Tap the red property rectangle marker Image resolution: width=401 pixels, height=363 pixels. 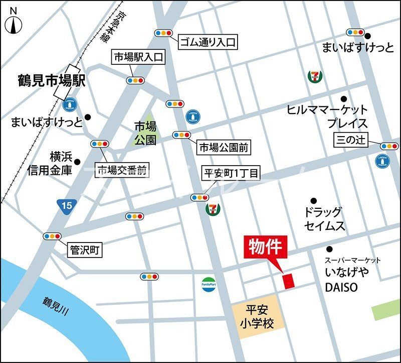point(289,281)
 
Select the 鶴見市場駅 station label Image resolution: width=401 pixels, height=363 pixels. point(45,80)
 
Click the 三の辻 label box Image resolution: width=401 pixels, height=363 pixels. point(351,140)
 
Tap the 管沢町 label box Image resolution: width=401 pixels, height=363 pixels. point(85,249)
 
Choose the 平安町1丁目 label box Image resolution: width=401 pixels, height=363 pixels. point(231,174)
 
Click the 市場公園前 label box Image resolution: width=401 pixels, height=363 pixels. point(224,148)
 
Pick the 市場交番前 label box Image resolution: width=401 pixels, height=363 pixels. point(122,170)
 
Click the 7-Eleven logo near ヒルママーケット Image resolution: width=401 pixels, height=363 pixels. point(315,76)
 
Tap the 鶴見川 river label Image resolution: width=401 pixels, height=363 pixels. point(55,306)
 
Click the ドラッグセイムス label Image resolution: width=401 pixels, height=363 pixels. point(325,219)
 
